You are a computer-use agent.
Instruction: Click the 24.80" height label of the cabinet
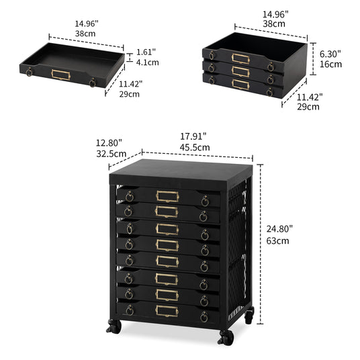click(x=279, y=229)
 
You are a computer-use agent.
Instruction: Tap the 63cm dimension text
click(x=277, y=241)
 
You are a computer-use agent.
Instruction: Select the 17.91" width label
click(x=193, y=136)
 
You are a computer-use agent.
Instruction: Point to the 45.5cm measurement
click(x=195, y=147)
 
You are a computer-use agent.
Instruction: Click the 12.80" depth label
click(x=109, y=143)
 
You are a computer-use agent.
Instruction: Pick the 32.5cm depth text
click(x=111, y=154)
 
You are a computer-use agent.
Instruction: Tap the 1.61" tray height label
click(x=146, y=52)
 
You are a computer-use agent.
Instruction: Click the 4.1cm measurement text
click(x=147, y=62)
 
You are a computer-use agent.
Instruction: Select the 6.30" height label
click(x=330, y=54)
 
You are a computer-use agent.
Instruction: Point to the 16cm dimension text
click(x=330, y=64)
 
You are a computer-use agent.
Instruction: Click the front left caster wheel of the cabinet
click(x=114, y=326)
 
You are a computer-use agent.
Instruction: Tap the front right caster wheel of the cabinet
click(x=226, y=337)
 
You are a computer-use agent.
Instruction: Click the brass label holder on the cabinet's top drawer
click(x=167, y=197)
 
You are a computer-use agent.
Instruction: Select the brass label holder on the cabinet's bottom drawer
click(x=167, y=311)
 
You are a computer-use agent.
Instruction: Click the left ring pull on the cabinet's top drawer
click(x=130, y=197)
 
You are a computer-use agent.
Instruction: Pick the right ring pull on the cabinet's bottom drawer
click(x=204, y=317)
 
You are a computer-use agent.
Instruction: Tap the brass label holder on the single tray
click(x=61, y=75)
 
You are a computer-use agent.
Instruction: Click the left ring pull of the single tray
click(x=29, y=72)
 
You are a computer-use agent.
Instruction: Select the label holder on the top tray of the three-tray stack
click(x=240, y=58)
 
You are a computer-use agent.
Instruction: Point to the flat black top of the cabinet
click(x=181, y=172)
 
